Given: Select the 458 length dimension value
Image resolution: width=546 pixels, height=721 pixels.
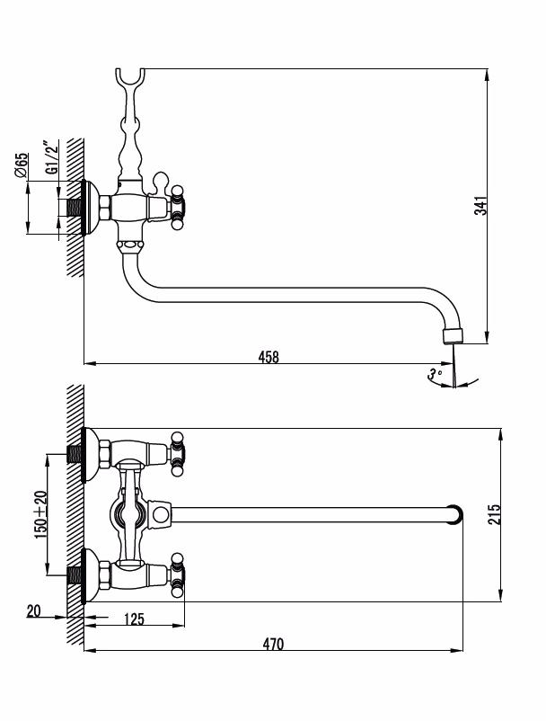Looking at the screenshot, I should (x=269, y=357).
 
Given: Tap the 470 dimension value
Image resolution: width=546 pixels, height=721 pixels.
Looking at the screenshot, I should (x=273, y=643).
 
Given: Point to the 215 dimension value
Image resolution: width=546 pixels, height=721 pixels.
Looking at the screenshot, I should (x=495, y=514).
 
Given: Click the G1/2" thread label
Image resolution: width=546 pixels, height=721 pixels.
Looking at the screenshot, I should (x=51, y=156).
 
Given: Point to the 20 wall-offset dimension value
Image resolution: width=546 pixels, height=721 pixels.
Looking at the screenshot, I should (x=33, y=611).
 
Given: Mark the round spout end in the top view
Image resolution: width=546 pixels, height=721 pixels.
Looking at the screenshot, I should (x=457, y=514).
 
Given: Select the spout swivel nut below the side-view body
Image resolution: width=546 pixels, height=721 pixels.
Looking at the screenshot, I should (x=129, y=244).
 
